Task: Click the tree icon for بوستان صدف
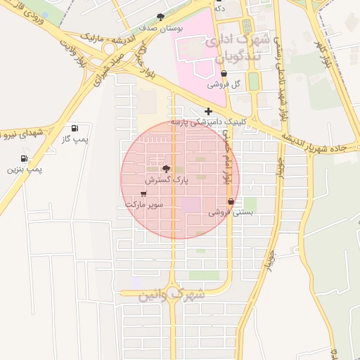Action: click(x=161, y=17)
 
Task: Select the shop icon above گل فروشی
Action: click(x=224, y=73)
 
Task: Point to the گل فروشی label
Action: click(x=224, y=84)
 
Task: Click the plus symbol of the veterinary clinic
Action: click(x=208, y=111)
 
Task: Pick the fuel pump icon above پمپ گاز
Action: click(x=75, y=128)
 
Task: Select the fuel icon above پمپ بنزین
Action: click(x=25, y=158)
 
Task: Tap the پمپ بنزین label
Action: click(x=25, y=169)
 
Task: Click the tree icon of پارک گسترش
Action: click(x=166, y=169)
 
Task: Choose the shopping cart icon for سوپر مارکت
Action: click(x=144, y=193)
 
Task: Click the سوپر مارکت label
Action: click(x=144, y=204)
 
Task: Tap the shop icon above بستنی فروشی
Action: click(x=231, y=201)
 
